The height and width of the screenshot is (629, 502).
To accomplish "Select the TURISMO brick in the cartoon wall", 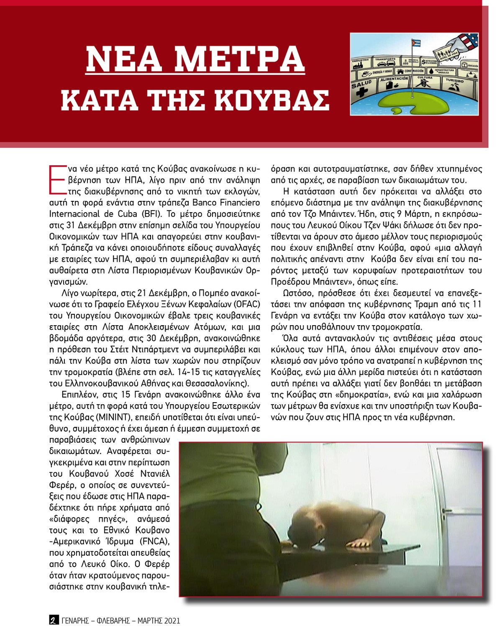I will click(x=455, y=84).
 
